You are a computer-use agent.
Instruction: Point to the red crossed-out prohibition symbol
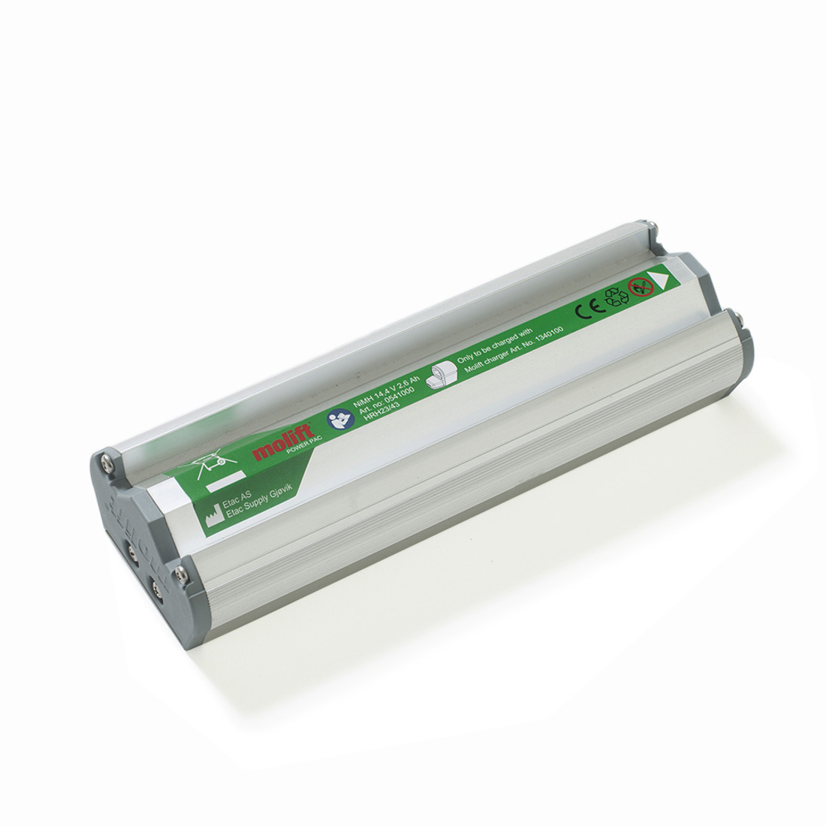pyautogui.click(x=638, y=287)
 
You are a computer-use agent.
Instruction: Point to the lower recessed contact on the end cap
pyautogui.click(x=158, y=585)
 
